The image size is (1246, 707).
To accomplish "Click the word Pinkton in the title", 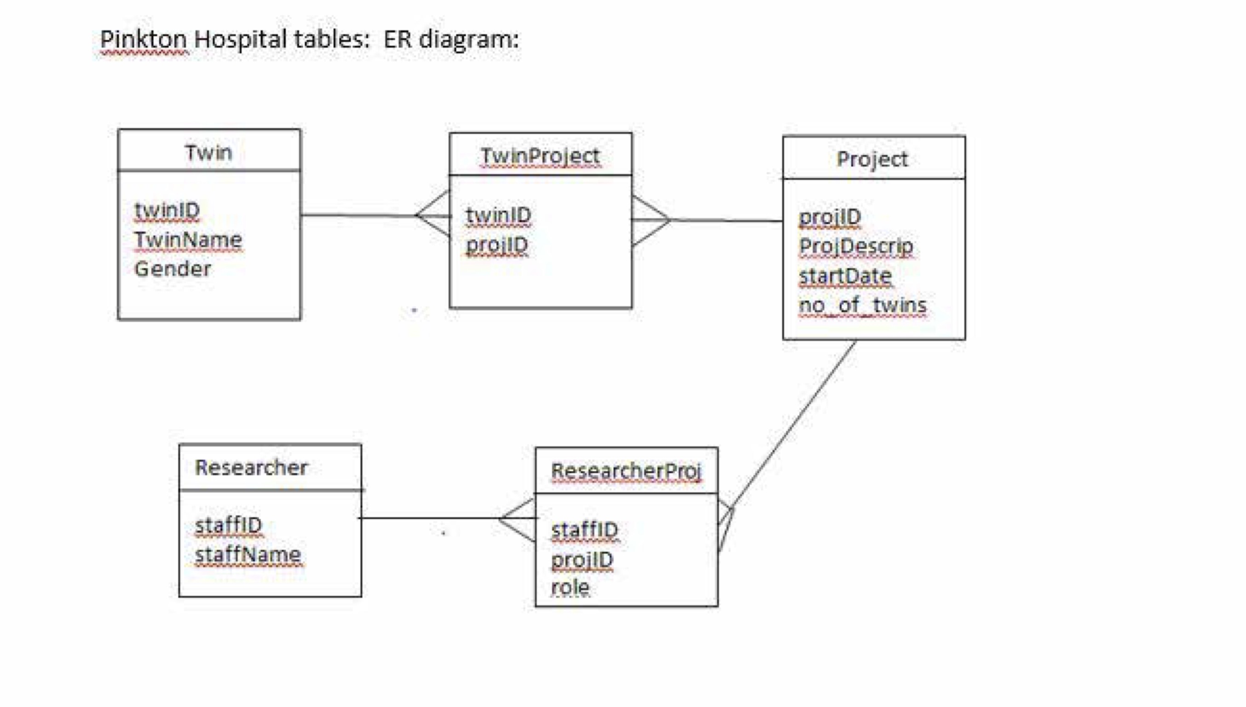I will [143, 39].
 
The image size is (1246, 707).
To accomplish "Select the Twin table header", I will [209, 152].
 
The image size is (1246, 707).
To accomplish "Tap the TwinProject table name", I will [540, 156].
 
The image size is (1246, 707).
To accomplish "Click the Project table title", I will [872, 159].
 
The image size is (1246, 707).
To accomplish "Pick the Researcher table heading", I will [251, 467].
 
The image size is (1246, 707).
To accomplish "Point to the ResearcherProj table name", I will [626, 471].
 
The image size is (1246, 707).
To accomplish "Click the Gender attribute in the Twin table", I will [173, 269].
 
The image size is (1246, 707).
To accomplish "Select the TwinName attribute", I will [188, 239].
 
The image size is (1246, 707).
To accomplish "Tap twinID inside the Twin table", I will [167, 210].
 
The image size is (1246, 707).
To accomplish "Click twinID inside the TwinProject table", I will [499, 215].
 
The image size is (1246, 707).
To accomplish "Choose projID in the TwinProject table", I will [497, 245].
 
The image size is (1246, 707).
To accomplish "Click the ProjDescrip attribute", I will [856, 246].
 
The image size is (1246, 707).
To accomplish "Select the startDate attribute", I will [845, 276].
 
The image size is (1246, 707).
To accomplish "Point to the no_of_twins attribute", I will [862, 305].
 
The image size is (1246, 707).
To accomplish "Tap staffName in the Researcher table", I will [248, 554].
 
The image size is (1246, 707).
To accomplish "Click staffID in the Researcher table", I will [228, 525].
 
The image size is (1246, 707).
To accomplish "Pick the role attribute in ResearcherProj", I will [570, 587].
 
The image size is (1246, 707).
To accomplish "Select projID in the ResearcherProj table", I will [582, 559].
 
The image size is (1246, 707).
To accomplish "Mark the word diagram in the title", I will [468, 39].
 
